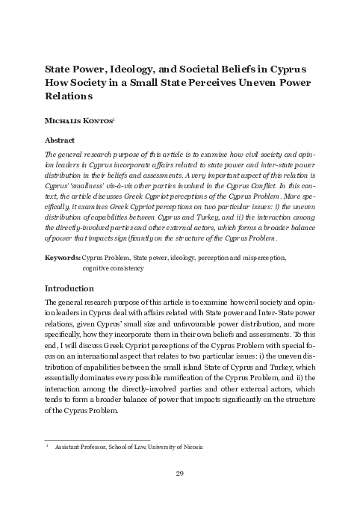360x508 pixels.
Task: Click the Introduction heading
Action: (75, 288)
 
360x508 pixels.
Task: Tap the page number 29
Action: (179, 474)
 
